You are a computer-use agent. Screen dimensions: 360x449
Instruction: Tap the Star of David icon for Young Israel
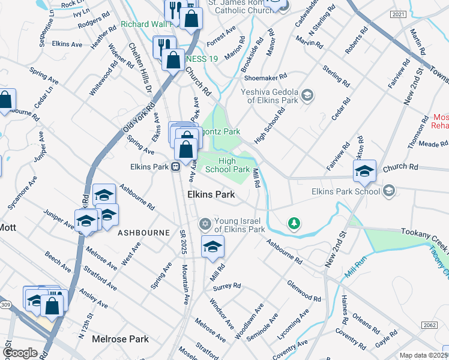[x=205, y=224]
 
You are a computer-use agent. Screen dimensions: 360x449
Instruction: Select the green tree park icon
[x=294, y=224]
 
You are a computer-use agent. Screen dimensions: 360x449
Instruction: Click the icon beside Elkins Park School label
[x=388, y=191]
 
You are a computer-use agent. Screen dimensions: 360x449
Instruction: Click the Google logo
[x=20, y=353]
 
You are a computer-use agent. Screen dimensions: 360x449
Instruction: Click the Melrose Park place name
[x=120, y=339]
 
